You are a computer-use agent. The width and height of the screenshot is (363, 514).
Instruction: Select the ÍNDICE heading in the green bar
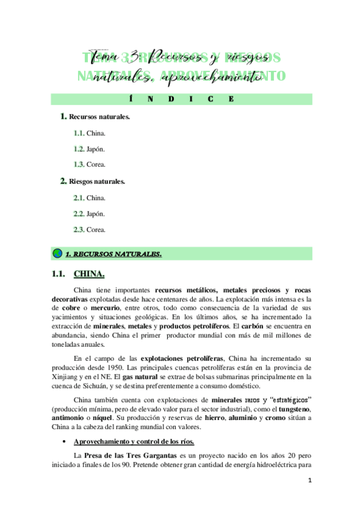click(181, 99)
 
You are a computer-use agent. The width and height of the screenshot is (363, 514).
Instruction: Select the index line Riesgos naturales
click(97, 181)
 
